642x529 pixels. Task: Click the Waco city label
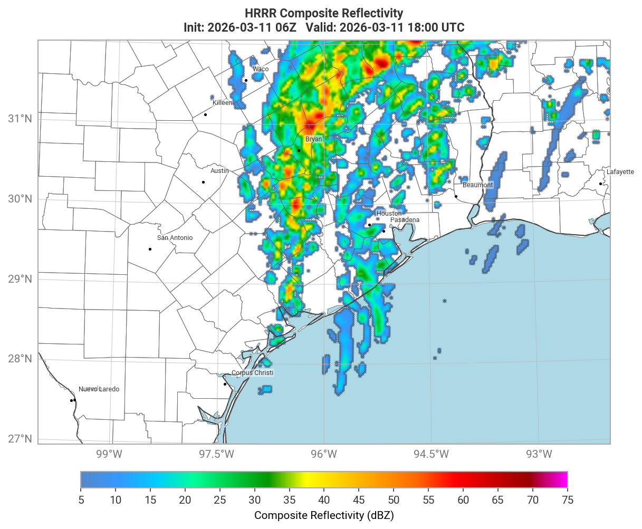point(260,69)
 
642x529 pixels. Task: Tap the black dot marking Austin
point(203,182)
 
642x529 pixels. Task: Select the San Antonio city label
point(175,238)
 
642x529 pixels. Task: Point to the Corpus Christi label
point(252,373)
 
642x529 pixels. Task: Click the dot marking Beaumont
point(456,196)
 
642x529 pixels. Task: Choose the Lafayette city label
point(620,172)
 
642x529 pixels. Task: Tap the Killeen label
point(222,103)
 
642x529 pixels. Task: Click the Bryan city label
point(313,139)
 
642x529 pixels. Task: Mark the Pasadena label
point(405,220)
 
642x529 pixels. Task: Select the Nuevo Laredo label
point(99,389)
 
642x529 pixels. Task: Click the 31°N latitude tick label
point(20,118)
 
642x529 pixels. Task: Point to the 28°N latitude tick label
point(20,359)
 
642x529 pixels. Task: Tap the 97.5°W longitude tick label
point(217,454)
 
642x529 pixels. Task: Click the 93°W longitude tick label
point(539,454)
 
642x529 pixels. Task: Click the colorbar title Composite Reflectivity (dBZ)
point(324,515)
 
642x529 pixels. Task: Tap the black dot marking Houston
point(369,225)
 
